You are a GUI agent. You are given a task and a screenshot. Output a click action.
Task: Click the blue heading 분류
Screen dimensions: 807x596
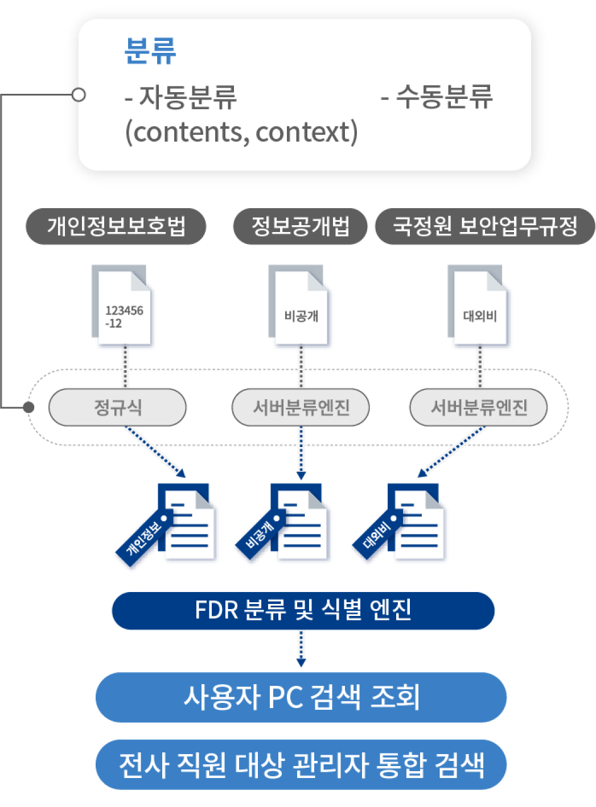click(150, 51)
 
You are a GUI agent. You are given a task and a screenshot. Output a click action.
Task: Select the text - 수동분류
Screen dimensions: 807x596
click(437, 96)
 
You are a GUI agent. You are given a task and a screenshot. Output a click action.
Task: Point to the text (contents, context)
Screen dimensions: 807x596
click(241, 131)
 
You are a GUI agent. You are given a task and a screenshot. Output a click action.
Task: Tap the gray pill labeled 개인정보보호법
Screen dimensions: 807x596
click(116, 226)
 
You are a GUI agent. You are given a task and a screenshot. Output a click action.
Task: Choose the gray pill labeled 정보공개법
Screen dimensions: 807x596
click(301, 226)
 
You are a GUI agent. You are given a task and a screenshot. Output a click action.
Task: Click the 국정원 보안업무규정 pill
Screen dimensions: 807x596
click(485, 226)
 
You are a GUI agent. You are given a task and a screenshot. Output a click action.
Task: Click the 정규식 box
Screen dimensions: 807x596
click(118, 407)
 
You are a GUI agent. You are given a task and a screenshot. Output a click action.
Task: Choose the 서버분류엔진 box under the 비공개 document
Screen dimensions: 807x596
click(301, 407)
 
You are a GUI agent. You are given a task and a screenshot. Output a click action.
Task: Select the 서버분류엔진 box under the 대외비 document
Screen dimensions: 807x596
click(479, 407)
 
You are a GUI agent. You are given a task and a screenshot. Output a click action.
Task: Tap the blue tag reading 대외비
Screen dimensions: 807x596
click(376, 535)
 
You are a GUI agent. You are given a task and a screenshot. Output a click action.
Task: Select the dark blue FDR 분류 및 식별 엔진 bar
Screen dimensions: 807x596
click(303, 611)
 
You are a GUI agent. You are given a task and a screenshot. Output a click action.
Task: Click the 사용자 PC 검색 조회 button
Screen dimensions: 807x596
click(301, 697)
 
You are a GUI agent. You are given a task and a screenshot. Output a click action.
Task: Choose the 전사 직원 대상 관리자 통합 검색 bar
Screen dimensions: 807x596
click(301, 764)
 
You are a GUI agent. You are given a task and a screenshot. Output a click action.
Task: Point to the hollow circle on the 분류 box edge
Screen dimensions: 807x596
click(79, 94)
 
